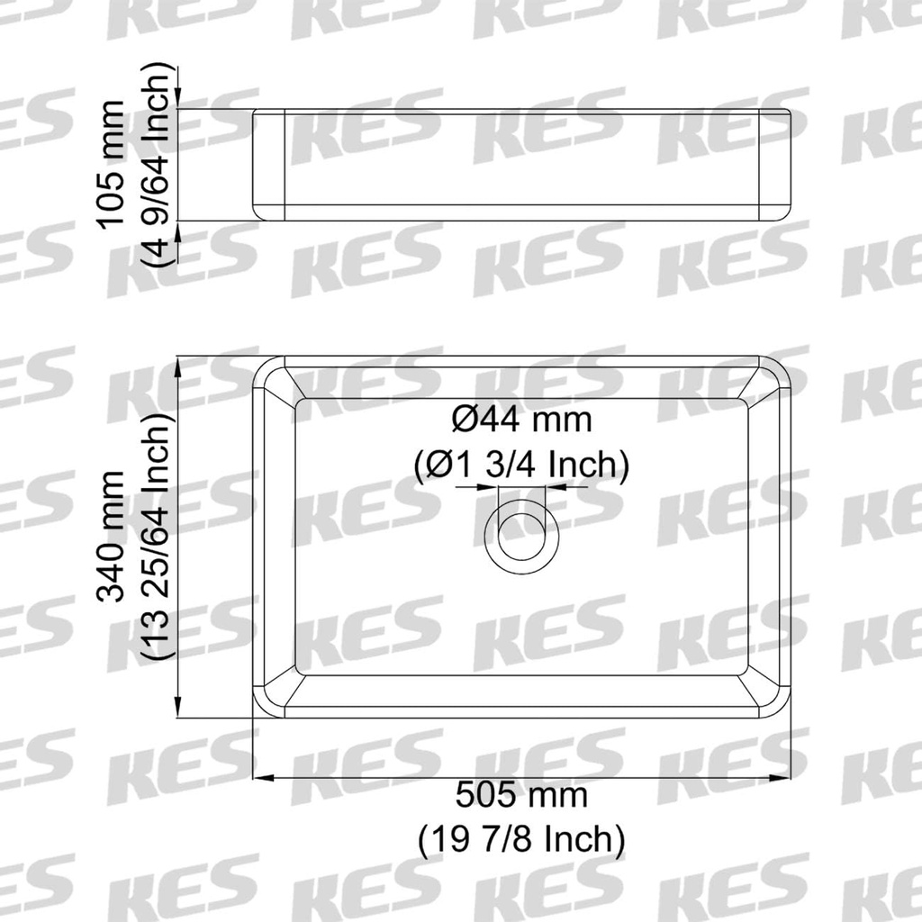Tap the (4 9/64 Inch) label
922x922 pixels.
click(x=156, y=165)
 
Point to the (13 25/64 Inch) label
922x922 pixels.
click(x=156, y=538)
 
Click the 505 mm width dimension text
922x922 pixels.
click(x=521, y=796)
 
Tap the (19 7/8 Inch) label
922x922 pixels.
click(x=521, y=839)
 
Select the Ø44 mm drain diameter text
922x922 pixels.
click(x=521, y=420)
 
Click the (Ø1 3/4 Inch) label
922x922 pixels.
click(x=521, y=466)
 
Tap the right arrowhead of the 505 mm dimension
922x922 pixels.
click(x=784, y=777)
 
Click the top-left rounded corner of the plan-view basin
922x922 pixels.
click(x=264, y=367)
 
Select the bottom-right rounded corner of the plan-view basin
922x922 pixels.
click(x=780, y=706)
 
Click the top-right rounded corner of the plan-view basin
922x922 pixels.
click(x=780, y=367)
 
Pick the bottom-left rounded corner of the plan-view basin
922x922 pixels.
click(x=264, y=706)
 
